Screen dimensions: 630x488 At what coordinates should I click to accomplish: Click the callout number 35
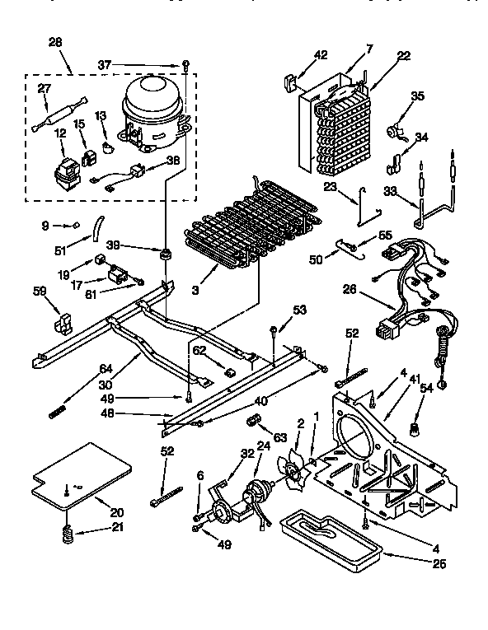[417, 96]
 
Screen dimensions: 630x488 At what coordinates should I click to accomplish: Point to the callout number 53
[299, 310]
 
